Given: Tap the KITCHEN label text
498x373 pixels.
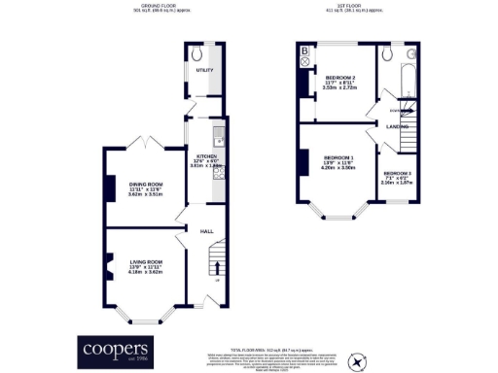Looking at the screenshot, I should tap(205, 157).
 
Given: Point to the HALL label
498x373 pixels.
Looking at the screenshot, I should tap(206, 232).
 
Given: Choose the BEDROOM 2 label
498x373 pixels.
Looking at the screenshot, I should tap(339, 78).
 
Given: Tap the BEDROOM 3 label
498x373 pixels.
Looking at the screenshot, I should tap(396, 175).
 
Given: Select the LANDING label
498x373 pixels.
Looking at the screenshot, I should tap(397, 126).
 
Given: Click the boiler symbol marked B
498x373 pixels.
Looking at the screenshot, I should tap(304, 51).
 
